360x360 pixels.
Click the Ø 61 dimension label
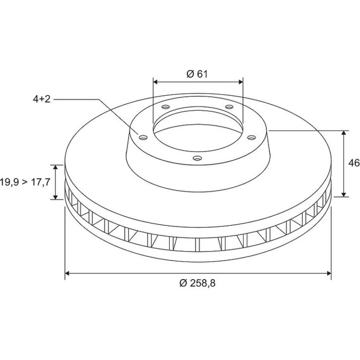[197, 74]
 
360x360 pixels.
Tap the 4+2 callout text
[41, 99]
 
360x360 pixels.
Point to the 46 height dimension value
[354, 163]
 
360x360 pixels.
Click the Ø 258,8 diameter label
[197, 283]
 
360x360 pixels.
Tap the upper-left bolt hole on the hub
[166, 107]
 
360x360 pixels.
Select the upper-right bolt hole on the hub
[229, 107]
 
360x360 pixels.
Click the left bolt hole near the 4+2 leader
[143, 137]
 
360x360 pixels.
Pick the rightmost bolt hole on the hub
[251, 137]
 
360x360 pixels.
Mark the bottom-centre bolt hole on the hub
[197, 158]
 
